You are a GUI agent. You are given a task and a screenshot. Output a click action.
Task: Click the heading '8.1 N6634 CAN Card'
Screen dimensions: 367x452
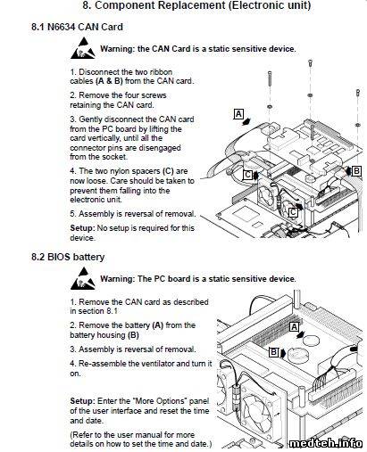pos(77,27)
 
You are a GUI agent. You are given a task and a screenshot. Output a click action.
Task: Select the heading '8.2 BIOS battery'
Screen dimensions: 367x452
pos(68,257)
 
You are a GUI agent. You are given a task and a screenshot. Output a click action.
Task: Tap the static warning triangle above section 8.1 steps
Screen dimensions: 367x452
pos(83,48)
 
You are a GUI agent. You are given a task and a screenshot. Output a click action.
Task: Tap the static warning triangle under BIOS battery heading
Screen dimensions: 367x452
pos(83,278)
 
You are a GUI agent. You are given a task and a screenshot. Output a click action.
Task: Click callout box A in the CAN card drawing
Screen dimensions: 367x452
pos(238,114)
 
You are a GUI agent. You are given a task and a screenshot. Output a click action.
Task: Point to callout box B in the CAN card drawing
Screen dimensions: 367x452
pos(356,171)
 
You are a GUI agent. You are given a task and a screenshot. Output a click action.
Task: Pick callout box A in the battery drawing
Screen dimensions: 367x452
pos(294,327)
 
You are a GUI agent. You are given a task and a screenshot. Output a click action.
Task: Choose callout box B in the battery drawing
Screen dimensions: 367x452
pos(273,352)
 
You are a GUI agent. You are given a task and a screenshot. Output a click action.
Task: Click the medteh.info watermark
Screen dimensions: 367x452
pos(326,443)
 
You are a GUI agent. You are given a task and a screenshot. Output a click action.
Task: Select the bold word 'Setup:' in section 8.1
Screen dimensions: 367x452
pos(82,228)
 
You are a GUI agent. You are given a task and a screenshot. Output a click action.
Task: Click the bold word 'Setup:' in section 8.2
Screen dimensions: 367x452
pos(82,401)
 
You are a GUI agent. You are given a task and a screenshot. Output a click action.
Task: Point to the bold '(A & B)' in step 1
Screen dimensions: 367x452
pos(109,81)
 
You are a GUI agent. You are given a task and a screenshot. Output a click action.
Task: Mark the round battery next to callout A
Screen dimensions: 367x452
pos(311,340)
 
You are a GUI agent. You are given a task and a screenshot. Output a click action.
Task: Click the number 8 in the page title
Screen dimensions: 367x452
pos(87,5)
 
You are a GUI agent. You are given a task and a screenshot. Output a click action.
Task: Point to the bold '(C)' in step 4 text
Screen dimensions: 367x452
pos(168,171)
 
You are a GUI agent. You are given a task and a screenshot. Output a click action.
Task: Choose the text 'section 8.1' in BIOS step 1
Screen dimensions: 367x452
pos(97,311)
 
